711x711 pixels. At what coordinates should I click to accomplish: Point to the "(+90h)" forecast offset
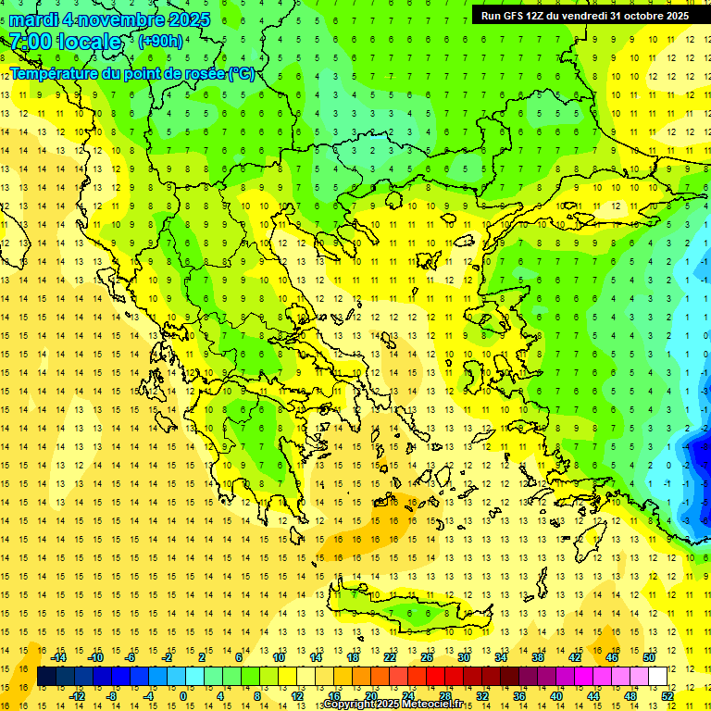159,42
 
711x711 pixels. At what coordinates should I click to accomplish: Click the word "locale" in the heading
89,42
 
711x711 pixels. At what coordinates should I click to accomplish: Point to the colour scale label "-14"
58,657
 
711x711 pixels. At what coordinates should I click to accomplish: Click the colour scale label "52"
667,696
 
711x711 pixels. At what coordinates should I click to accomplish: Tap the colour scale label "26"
427,657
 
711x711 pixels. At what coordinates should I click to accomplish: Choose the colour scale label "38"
538,657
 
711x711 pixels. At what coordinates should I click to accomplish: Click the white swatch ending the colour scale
658,677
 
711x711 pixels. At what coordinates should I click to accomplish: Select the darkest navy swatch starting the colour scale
46,677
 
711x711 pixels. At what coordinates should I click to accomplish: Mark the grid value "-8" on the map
705,447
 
